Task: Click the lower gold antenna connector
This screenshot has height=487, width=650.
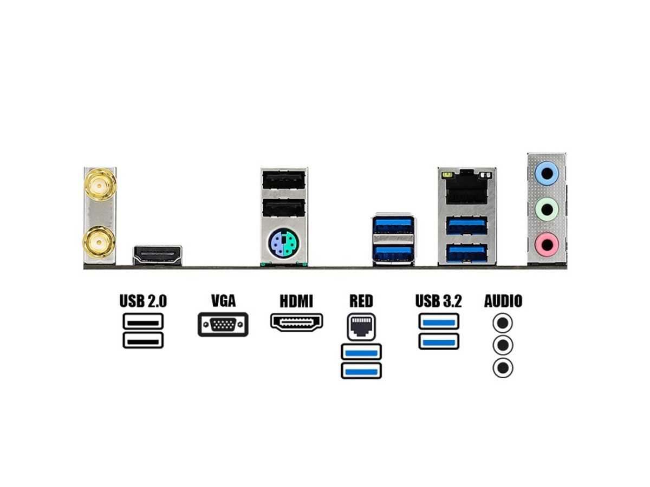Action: click(99, 242)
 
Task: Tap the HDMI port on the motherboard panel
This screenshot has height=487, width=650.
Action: click(158, 254)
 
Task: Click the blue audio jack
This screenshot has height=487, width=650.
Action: click(546, 175)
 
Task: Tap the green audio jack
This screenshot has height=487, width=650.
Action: click(546, 209)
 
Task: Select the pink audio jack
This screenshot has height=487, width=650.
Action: click(546, 244)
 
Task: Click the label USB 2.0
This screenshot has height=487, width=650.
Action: click(143, 301)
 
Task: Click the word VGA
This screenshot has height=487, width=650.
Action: click(223, 301)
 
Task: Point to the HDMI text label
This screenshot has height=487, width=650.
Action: click(296, 301)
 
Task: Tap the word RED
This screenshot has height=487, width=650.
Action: click(361, 301)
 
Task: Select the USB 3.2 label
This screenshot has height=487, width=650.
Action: click(439, 301)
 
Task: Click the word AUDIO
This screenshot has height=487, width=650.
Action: click(503, 301)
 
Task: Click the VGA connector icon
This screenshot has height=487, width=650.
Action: click(223, 324)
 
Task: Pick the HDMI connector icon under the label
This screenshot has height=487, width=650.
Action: click(296, 322)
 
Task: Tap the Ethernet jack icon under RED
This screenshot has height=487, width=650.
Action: click(361, 326)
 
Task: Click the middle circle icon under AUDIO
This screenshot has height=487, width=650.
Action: click(503, 345)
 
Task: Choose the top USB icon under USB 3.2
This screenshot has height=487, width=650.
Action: click(439, 321)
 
